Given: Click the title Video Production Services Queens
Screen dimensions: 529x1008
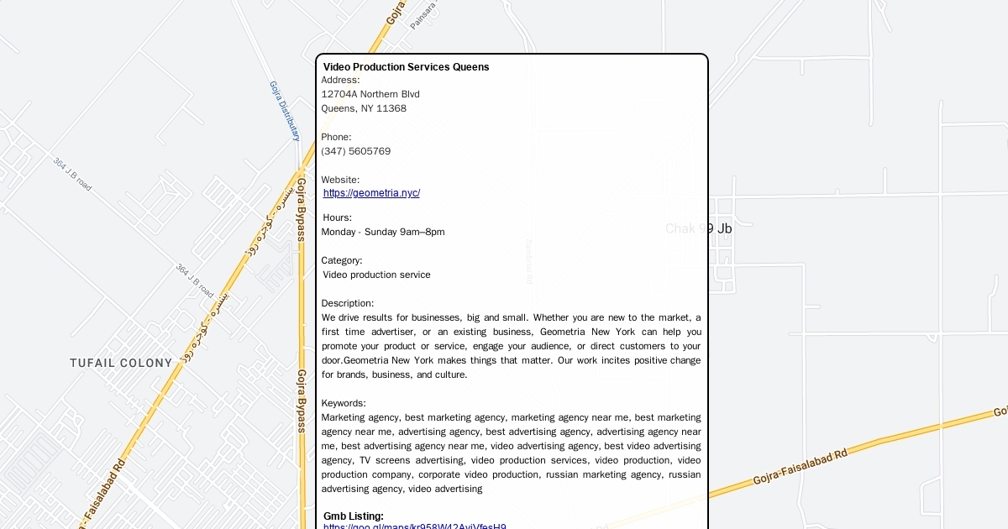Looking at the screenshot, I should [406, 67].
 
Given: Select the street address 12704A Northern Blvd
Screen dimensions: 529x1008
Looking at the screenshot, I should [370, 94].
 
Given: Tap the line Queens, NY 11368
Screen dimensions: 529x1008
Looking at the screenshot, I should [364, 108].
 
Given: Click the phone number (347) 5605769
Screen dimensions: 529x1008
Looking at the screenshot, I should [356, 151].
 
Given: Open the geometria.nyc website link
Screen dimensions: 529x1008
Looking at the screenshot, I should [371, 193].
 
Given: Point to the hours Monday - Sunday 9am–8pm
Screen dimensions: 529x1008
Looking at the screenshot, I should [383, 232].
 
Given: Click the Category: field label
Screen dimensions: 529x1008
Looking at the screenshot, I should [342, 260].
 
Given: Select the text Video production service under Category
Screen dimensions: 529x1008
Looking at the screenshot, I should [376, 275].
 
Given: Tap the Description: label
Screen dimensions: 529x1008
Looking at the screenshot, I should [348, 303].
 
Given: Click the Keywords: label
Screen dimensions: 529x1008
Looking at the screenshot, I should [344, 403].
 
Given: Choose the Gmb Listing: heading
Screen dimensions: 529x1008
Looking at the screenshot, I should [354, 516].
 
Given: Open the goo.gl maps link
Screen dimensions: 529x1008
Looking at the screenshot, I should [415, 526].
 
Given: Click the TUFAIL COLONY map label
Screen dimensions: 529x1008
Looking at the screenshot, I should [121, 363].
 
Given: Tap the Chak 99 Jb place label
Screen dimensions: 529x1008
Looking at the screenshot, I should [699, 228].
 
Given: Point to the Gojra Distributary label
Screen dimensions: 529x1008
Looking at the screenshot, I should [285, 110].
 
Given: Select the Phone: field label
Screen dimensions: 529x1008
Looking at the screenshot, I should [336, 137].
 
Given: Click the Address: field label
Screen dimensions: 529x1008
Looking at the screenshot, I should [340, 80].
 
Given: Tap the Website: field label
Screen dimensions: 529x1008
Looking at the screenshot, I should [340, 180].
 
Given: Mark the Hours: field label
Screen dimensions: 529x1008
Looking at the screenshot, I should [338, 217].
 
